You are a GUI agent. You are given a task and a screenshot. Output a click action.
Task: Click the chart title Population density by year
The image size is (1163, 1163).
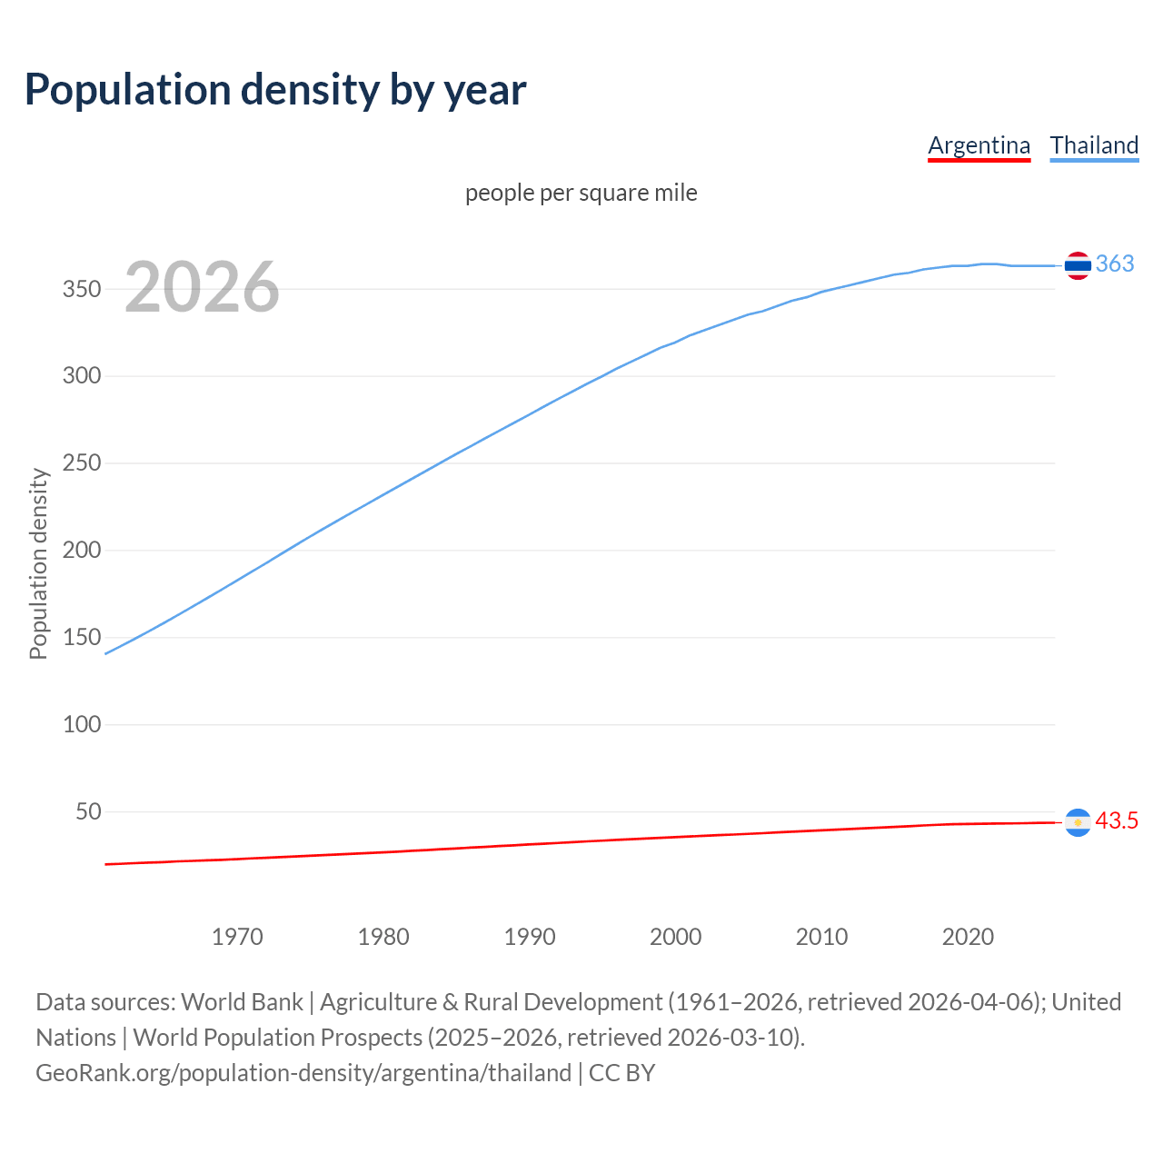coord(275,89)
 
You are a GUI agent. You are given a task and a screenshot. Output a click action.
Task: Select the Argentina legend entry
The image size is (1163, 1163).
coord(979,145)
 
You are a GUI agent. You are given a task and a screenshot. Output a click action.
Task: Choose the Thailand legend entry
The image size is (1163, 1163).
coord(1094,145)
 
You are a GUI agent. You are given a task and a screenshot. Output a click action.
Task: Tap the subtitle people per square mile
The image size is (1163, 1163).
coord(581,193)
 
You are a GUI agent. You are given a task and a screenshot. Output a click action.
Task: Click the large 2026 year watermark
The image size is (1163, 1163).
coord(202,287)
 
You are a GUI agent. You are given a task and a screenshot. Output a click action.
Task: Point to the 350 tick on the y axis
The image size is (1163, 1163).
coord(81,289)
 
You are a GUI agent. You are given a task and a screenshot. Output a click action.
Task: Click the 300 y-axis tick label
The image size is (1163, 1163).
coord(81,376)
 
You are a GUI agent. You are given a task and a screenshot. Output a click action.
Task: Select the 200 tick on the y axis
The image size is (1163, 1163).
coord(81,551)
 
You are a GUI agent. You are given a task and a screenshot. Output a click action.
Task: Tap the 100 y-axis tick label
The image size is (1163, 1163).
coord(81,725)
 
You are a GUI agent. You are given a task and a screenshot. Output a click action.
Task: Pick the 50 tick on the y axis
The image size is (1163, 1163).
coord(88,811)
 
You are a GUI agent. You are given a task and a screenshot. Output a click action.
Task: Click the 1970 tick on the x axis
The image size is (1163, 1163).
coord(237,937)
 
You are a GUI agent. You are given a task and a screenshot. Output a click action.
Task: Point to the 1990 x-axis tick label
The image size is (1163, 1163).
coord(530,937)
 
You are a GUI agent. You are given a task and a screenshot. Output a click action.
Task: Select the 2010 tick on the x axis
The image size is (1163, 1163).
coord(821,937)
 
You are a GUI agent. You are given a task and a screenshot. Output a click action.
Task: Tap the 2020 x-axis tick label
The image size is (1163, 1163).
coord(968,937)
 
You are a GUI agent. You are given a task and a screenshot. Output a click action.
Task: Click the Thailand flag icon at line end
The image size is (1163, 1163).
coord(1078,265)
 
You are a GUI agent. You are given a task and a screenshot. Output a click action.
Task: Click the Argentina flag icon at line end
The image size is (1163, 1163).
coord(1078,822)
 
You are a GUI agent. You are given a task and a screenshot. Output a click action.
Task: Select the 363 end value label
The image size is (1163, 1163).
coord(1115,263)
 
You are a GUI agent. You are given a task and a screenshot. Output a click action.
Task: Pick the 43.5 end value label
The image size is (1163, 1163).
coord(1117,820)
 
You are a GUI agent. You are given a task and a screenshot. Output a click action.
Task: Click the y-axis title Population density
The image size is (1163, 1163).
coord(38,563)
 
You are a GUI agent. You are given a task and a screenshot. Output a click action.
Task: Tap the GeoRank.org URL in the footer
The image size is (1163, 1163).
coord(303,1073)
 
